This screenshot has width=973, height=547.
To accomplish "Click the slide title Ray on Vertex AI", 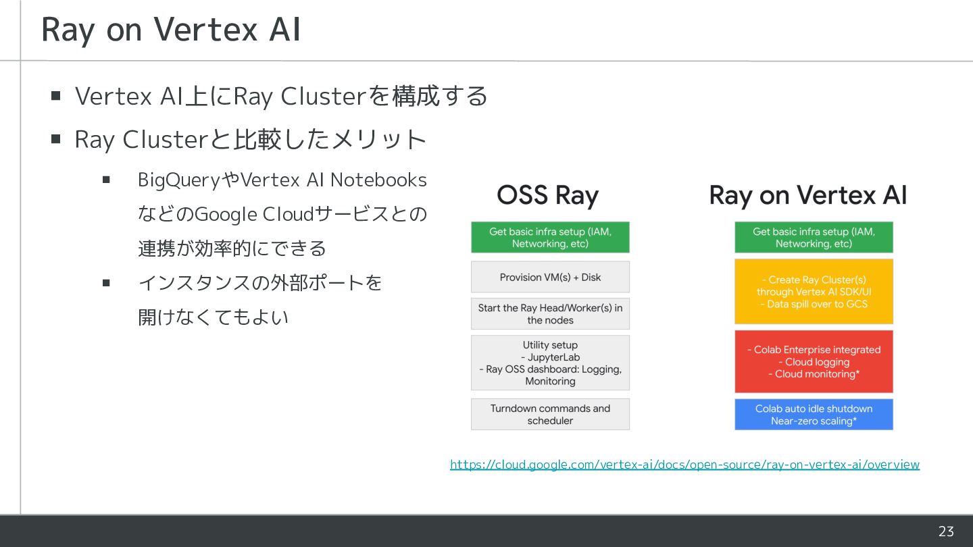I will click(171, 30).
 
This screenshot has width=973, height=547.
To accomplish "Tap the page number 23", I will click(946, 531).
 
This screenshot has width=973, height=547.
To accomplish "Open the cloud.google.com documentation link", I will click(684, 465).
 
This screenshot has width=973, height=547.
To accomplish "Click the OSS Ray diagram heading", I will click(547, 196).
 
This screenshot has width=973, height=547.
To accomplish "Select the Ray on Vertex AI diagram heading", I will click(807, 196).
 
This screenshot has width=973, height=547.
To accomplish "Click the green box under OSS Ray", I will click(550, 238).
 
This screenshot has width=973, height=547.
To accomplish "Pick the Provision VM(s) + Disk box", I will click(550, 277).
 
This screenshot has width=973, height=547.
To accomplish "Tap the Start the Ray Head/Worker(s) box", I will click(550, 314).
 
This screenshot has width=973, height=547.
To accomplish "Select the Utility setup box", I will click(550, 363).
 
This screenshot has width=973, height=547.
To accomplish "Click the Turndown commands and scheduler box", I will click(550, 414).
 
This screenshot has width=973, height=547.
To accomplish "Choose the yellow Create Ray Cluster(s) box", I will click(814, 292).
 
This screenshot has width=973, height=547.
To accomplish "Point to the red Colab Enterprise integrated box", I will click(814, 361).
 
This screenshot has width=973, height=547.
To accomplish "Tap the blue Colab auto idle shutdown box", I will click(814, 415).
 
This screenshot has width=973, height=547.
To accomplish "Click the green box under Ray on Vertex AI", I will click(814, 238).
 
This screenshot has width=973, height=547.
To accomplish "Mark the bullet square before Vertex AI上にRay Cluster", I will click(56, 96).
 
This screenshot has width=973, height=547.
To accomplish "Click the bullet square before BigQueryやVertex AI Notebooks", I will click(106, 180).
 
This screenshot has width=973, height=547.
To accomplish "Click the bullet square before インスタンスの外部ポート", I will click(106, 282).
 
